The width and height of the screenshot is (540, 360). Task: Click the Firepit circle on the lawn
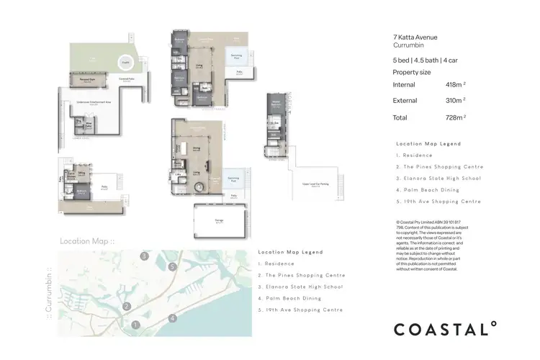pyautogui.click(x=125, y=62)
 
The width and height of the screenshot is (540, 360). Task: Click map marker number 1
pyautogui.click(x=135, y=325)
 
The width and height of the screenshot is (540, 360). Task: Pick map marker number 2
pyautogui.click(x=126, y=306)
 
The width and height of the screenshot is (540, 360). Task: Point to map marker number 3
pyautogui.click(x=145, y=256)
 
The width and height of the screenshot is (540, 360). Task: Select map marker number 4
pyautogui.click(x=172, y=318)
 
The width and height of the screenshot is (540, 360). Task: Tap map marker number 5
pyautogui.click(x=172, y=266)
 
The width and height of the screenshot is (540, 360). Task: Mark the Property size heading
pyautogui.click(x=413, y=73)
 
